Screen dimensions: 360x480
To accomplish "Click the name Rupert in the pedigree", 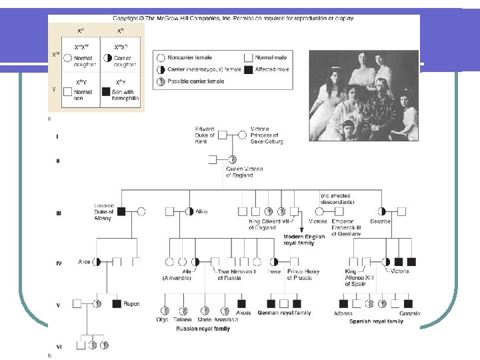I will pyautogui.click(x=132, y=304).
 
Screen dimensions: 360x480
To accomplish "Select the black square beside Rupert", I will pyautogui.click(x=117, y=304).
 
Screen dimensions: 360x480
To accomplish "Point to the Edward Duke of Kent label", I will pyautogui.click(x=205, y=135).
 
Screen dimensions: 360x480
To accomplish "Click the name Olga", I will pyautogui.click(x=162, y=320).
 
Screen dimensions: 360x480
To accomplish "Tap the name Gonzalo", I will pyautogui.click(x=409, y=313).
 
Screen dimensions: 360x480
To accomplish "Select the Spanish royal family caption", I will pyautogui.click(x=377, y=321).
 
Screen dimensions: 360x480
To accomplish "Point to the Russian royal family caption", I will pyautogui.click(x=203, y=329).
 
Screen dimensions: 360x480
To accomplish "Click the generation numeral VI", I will pyautogui.click(x=59, y=346).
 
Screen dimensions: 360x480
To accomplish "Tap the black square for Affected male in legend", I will pyautogui.click(x=249, y=69).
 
